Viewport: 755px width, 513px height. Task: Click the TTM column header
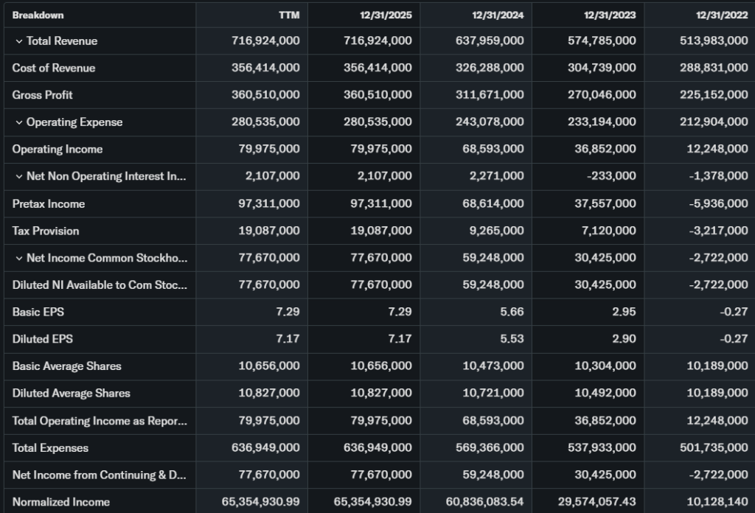tap(290, 15)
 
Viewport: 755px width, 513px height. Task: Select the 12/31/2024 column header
tap(498, 15)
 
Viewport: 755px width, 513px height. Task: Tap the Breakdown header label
tap(38, 15)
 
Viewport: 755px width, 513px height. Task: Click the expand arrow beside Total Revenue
tap(18, 41)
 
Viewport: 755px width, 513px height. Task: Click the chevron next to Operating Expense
tap(18, 122)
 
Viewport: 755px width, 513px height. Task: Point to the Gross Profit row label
tap(42, 95)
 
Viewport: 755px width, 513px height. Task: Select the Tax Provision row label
tap(46, 231)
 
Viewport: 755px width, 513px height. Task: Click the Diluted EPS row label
tap(42, 339)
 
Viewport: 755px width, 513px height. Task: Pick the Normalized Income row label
tap(60, 502)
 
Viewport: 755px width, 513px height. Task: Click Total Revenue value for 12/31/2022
tap(714, 41)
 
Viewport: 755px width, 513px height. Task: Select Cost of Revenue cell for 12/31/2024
tap(490, 68)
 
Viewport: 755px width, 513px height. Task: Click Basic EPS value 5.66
tap(512, 312)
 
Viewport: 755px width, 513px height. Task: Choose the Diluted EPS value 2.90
tap(624, 339)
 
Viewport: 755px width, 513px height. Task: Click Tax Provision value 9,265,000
tap(495, 231)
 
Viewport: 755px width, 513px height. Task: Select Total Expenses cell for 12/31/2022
tap(714, 447)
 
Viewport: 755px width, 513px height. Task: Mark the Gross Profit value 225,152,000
tap(714, 95)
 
